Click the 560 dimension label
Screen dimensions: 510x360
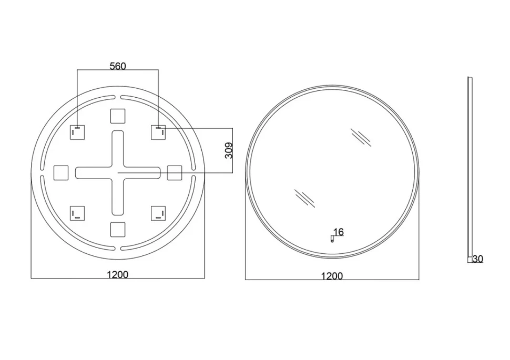tap(118, 66)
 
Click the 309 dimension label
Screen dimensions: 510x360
tap(229, 150)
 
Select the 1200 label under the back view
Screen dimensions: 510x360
tap(117, 275)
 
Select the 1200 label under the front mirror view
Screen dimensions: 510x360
tap(332, 276)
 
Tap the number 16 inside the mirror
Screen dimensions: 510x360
tap(339, 232)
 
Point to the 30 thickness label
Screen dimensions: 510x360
tap(478, 259)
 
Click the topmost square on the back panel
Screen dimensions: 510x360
tap(118, 116)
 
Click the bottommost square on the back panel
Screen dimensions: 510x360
tap(118, 229)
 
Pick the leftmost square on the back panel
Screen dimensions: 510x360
tap(61, 173)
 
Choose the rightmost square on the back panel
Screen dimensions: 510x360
tap(175, 173)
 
